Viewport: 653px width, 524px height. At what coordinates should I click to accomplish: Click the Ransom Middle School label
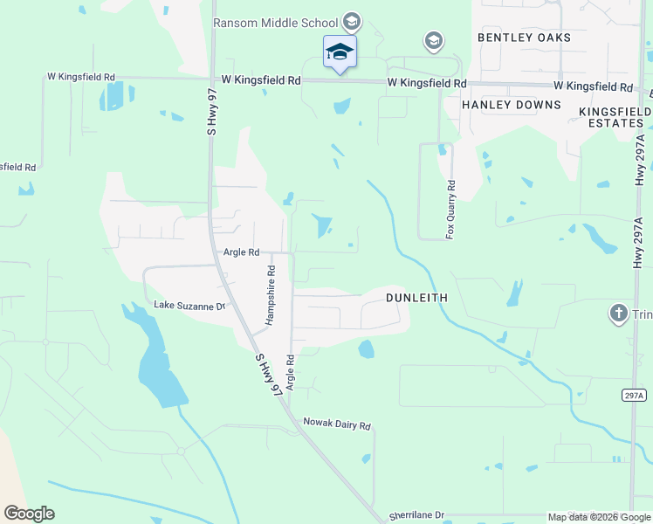click(276, 22)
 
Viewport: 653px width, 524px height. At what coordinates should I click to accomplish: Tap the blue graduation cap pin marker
click(339, 52)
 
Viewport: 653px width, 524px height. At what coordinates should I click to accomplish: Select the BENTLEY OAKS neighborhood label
click(524, 38)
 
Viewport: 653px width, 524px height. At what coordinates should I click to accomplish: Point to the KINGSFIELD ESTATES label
click(615, 118)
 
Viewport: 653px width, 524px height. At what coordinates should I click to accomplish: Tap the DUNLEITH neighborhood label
click(416, 298)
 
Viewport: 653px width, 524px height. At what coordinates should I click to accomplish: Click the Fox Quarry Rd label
click(450, 210)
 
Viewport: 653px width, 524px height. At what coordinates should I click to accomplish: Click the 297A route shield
click(635, 396)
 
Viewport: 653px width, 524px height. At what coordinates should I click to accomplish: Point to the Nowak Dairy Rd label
click(337, 425)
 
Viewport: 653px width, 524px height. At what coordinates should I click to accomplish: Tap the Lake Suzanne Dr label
click(189, 306)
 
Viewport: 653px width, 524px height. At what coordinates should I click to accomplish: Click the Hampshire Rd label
click(271, 295)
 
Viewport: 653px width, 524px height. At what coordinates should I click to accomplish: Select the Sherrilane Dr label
click(417, 516)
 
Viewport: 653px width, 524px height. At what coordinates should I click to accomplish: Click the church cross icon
click(618, 313)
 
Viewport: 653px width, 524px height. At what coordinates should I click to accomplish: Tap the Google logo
click(29, 514)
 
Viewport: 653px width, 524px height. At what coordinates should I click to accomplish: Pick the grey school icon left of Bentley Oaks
click(433, 40)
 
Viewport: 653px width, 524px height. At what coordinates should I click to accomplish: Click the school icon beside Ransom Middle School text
click(351, 21)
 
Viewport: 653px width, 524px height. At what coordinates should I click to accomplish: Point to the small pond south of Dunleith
click(366, 349)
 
